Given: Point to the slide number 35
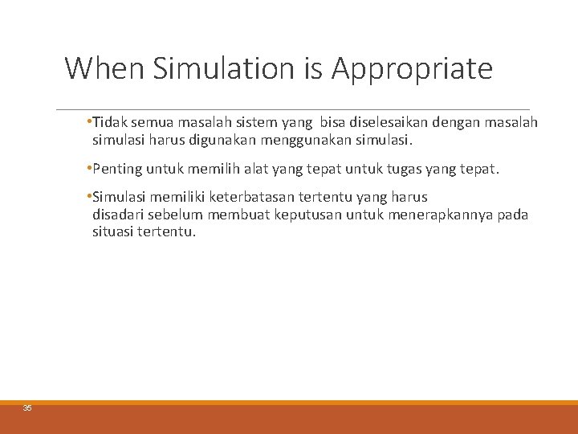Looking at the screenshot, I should pos(27,408).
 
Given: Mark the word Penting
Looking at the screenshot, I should pos(116,170).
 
